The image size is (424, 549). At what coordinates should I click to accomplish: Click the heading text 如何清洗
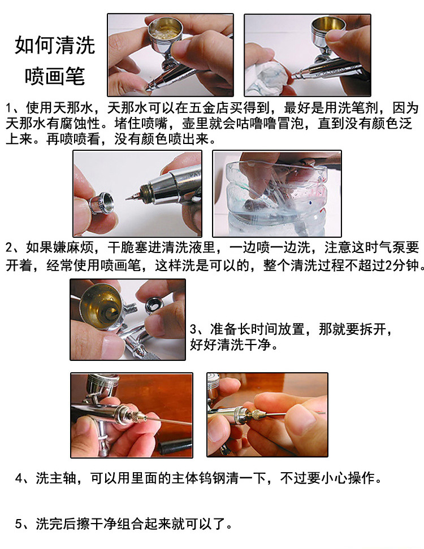point(55,45)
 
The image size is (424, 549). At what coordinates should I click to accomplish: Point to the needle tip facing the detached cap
point(127,199)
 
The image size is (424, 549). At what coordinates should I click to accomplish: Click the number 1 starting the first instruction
point(9,108)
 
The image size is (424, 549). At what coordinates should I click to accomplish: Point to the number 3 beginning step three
point(193,329)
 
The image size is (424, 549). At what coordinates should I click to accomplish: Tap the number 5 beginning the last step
point(19,524)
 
